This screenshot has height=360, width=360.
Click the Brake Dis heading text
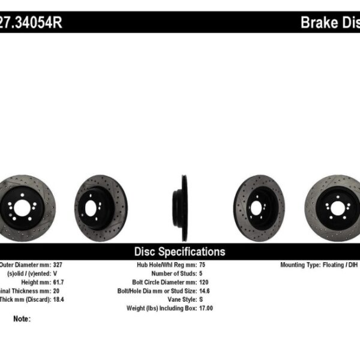click(329, 23)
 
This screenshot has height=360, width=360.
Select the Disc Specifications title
click(179, 251)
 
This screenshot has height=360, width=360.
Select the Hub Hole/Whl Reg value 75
click(202, 265)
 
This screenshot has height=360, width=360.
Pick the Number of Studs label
click(171, 273)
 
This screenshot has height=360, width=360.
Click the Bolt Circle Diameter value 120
click(204, 281)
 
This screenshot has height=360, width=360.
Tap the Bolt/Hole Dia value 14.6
click(205, 290)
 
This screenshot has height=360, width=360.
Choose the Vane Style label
click(178, 299)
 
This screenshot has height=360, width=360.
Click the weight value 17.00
click(206, 308)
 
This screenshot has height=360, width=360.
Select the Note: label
click(22, 319)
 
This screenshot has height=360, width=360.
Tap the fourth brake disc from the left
click(259, 208)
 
